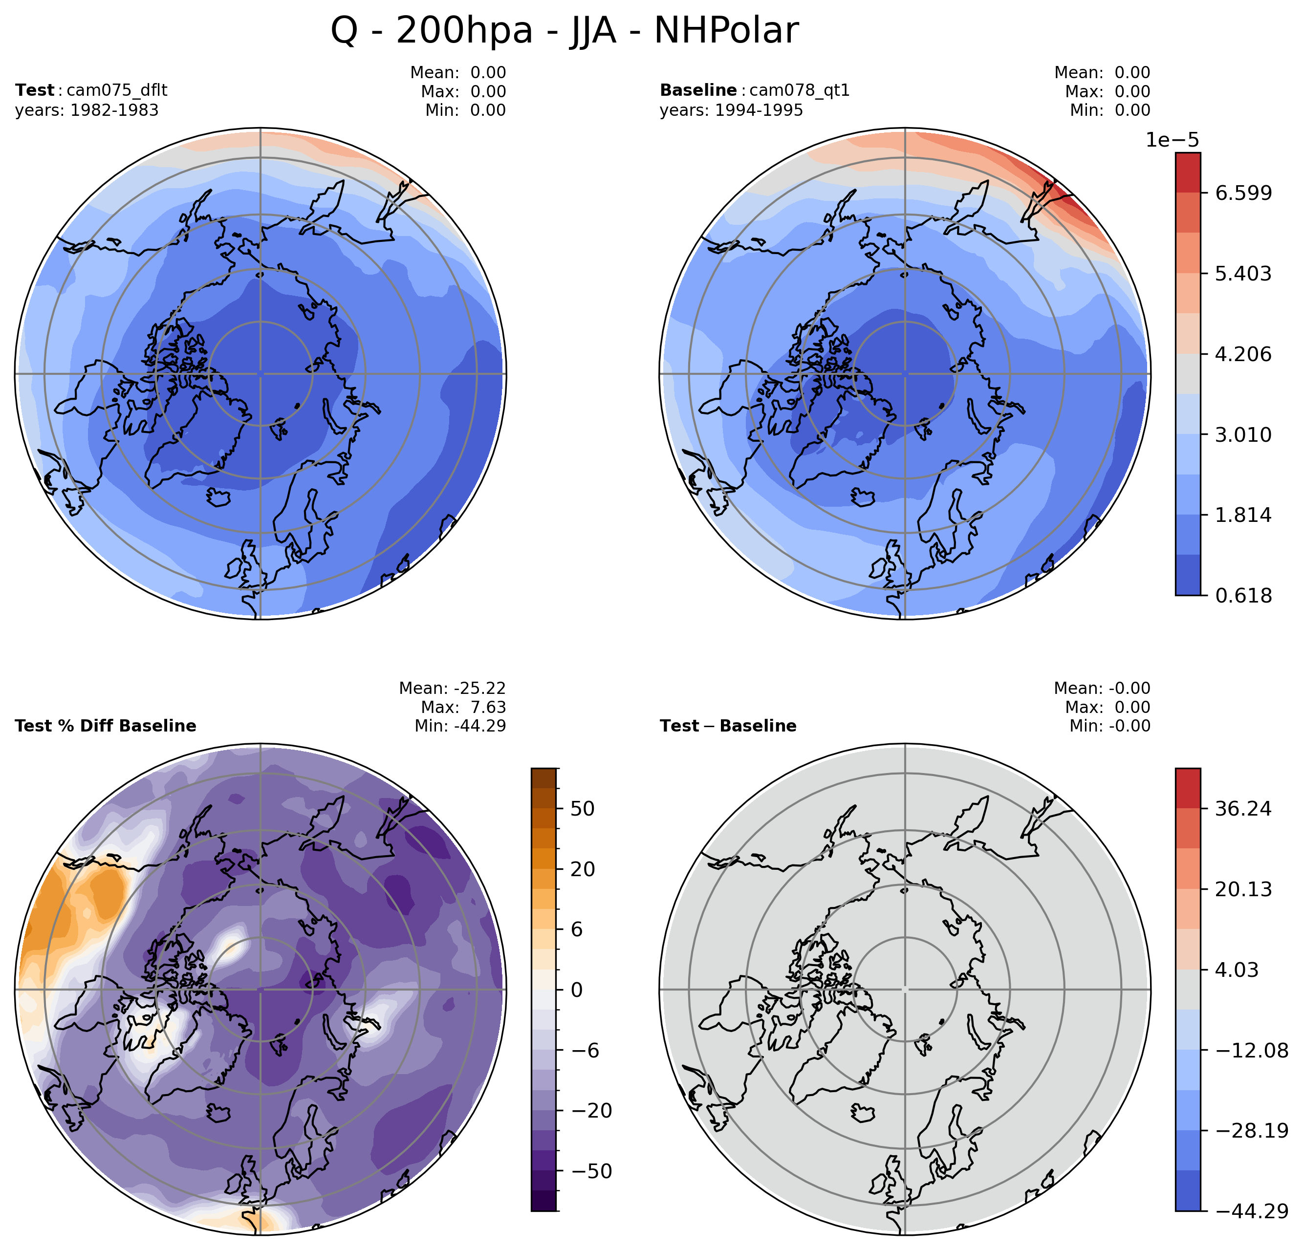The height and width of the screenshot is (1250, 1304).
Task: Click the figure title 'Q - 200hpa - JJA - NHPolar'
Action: (x=564, y=31)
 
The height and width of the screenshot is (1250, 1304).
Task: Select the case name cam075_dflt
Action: (x=117, y=90)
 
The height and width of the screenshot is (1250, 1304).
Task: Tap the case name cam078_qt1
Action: (x=800, y=90)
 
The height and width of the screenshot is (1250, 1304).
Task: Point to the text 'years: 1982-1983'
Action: (x=87, y=110)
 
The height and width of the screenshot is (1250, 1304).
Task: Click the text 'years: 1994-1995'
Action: (x=731, y=110)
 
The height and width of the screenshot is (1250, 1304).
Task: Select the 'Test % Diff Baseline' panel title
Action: (x=105, y=726)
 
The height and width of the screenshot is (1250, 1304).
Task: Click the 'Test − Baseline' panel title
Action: (x=728, y=726)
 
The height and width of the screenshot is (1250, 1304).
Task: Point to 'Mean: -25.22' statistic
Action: (x=453, y=689)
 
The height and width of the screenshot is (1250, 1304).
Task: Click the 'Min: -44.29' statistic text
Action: (x=460, y=726)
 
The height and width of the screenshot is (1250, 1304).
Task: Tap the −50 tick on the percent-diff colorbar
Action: (x=587, y=1171)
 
